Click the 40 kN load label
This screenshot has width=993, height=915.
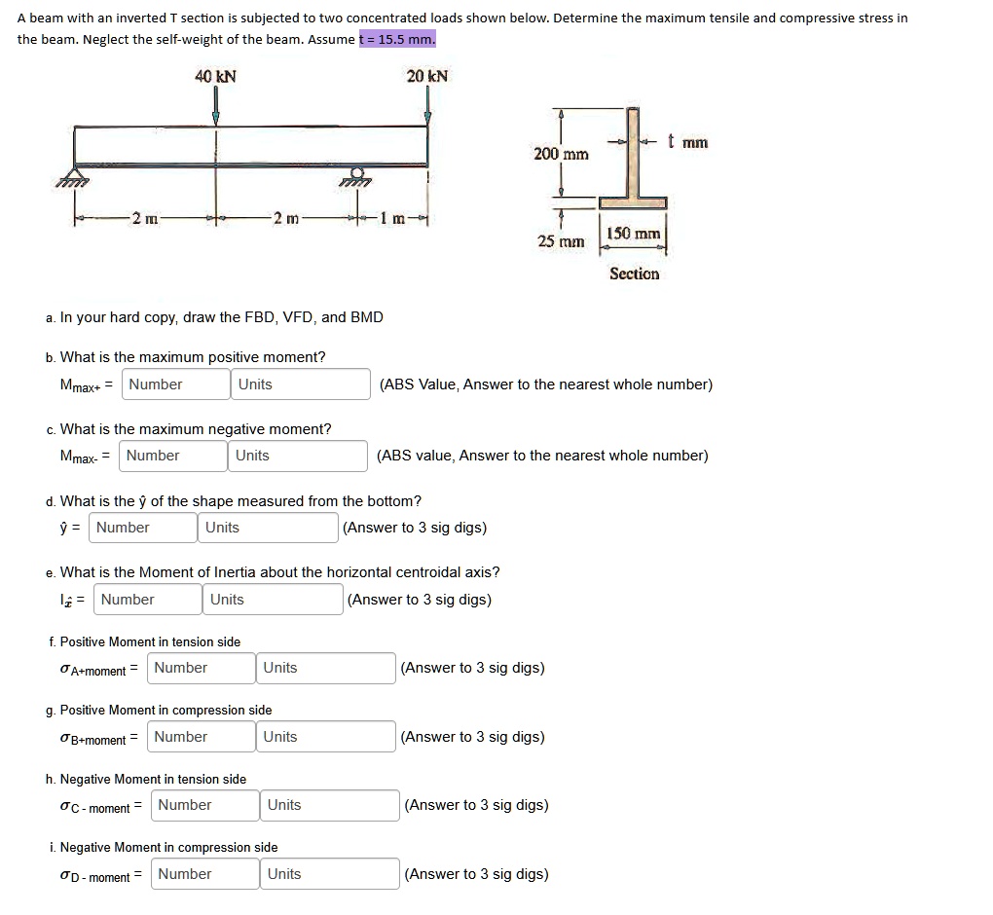(216, 76)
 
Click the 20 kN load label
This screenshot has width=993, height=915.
(427, 76)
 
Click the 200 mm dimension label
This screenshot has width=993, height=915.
(561, 154)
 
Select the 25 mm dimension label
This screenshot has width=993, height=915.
(561, 240)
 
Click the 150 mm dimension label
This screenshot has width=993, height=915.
(633, 235)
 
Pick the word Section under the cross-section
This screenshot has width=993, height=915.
(634, 274)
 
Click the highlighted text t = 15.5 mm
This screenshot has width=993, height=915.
(397, 39)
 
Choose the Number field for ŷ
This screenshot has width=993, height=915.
(143, 528)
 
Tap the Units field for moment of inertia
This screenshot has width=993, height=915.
(273, 600)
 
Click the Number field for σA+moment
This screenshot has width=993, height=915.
(201, 668)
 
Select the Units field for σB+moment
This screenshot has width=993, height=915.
(325, 737)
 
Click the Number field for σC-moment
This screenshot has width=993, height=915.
(204, 805)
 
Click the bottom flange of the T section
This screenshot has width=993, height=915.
(633, 202)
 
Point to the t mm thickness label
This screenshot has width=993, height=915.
(687, 143)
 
